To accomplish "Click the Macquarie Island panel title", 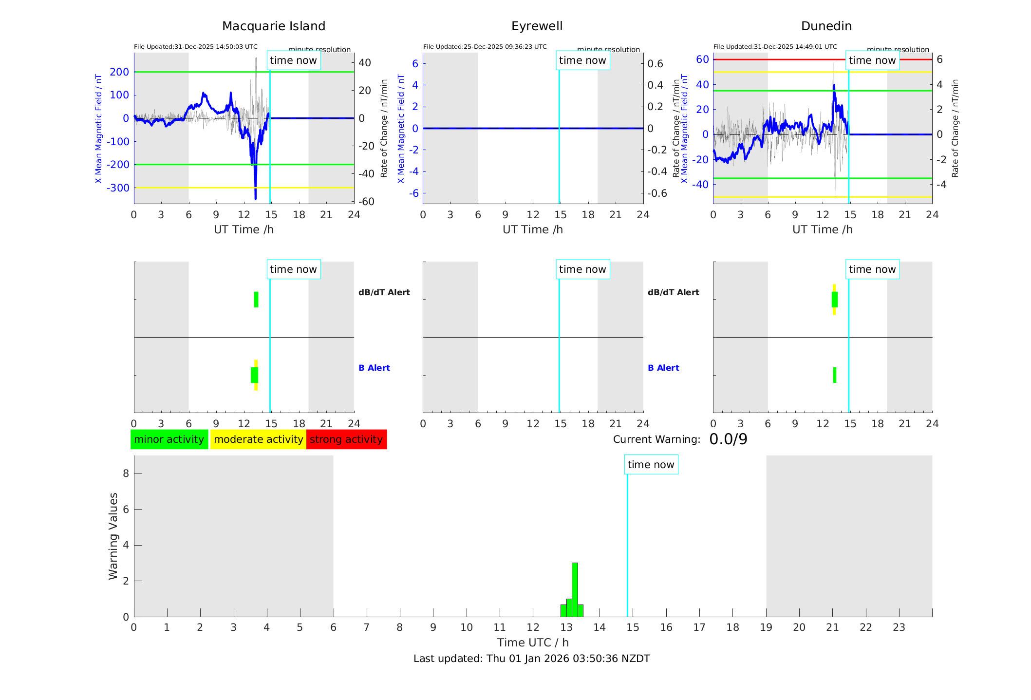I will point(273,26).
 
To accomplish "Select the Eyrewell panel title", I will point(537,26).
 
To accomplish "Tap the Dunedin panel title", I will point(826,26).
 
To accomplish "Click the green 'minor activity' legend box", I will point(169,439).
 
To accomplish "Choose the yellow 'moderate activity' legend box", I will point(258,439).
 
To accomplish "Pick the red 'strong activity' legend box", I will point(346,439).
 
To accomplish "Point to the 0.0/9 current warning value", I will point(728,439).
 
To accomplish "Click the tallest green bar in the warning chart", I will point(575,589).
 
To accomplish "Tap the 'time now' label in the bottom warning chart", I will point(651,465).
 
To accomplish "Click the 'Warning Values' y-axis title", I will point(113,536).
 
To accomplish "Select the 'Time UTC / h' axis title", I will point(533,643).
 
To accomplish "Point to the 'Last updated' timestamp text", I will point(531,659).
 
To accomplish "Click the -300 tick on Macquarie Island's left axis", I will point(119,188).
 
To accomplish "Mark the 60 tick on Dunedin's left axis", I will point(702,59).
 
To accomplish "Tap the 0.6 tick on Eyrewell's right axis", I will point(655,64).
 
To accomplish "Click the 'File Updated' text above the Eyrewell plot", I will point(485,47).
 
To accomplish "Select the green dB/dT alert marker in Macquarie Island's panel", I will point(256,300).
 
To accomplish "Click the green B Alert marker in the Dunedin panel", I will point(834,375).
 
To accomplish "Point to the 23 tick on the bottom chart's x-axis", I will point(899,627).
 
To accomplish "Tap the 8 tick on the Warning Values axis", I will point(126,473).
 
